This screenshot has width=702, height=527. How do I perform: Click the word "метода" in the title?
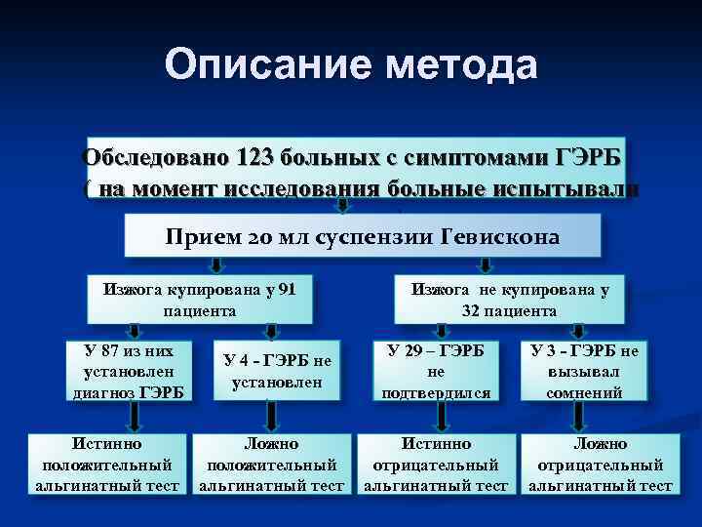(x=461, y=65)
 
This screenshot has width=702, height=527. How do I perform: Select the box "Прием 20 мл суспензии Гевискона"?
(x=363, y=237)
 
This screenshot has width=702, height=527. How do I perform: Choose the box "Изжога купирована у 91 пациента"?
(x=200, y=300)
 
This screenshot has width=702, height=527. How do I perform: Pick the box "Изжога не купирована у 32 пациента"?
(x=509, y=300)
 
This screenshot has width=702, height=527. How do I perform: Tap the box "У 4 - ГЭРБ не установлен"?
(x=272, y=372)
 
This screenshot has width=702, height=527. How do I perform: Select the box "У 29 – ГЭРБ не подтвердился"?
(x=436, y=371)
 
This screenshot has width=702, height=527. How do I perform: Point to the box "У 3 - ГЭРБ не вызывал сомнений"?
(x=584, y=371)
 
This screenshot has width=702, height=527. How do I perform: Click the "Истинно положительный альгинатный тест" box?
(x=107, y=465)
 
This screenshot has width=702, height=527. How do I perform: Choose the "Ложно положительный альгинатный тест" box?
(x=272, y=465)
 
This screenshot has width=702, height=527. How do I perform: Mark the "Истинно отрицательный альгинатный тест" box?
(x=436, y=465)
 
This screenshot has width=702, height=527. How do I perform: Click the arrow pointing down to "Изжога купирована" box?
(x=217, y=265)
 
